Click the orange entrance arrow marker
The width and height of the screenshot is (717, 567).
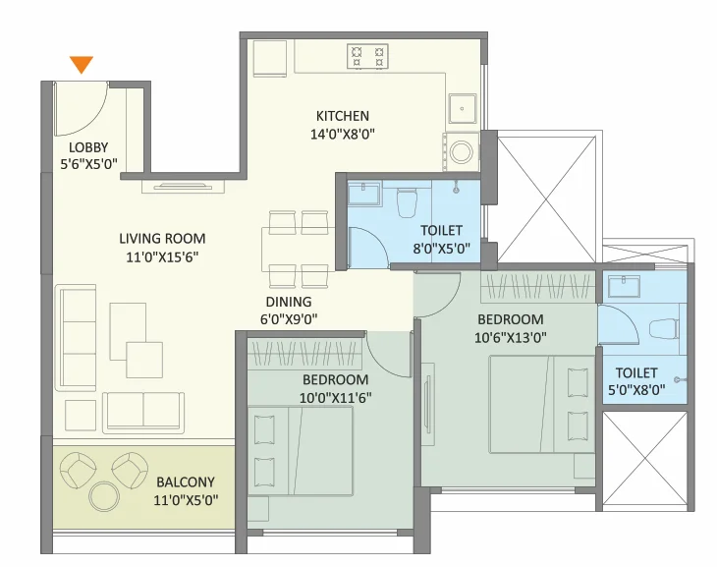pyautogui.click(x=82, y=65)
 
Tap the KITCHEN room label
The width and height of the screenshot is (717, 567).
pyautogui.click(x=343, y=116)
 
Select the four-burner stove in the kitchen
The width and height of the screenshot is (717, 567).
pyautogui.click(x=367, y=57)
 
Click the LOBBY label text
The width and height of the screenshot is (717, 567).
pyautogui.click(x=88, y=147)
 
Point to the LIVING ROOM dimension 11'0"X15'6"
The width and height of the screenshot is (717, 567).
pyautogui.click(x=162, y=257)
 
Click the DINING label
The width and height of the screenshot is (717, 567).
pyautogui.click(x=289, y=302)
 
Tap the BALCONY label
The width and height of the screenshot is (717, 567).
pyautogui.click(x=186, y=482)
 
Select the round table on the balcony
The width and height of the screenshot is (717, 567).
pyautogui.click(x=104, y=496)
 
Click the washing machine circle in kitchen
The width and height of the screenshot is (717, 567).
pyautogui.click(x=461, y=151)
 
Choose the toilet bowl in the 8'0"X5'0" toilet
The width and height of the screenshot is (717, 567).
pyautogui.click(x=407, y=201)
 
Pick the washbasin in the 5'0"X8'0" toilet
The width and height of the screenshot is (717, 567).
pyautogui.click(x=624, y=286)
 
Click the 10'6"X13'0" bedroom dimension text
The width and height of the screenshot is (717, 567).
pyautogui.click(x=511, y=338)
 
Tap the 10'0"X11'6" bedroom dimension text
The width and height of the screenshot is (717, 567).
pyautogui.click(x=335, y=398)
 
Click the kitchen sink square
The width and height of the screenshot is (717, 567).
pyautogui.click(x=463, y=109)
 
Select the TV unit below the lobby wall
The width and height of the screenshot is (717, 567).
pyautogui.click(x=183, y=187)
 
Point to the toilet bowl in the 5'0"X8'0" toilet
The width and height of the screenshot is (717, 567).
pyautogui.click(x=664, y=329)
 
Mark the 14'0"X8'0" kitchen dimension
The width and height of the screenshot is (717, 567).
pyautogui.click(x=343, y=134)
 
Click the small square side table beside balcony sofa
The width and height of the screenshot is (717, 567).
pyautogui.click(x=81, y=415)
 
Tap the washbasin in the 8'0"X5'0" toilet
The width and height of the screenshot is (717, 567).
pyautogui.click(x=364, y=194)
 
